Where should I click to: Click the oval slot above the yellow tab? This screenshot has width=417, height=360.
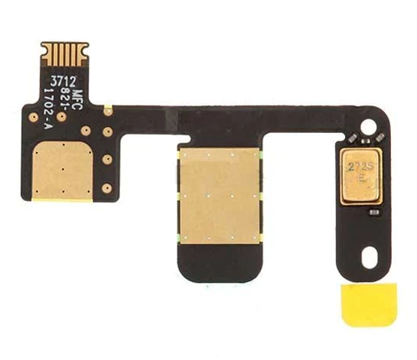pyautogui.click(x=370, y=258)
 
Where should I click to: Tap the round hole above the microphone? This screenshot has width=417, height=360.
pyautogui.click(x=372, y=124)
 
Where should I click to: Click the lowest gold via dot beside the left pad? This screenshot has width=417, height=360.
pyautogui.click(x=108, y=186)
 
